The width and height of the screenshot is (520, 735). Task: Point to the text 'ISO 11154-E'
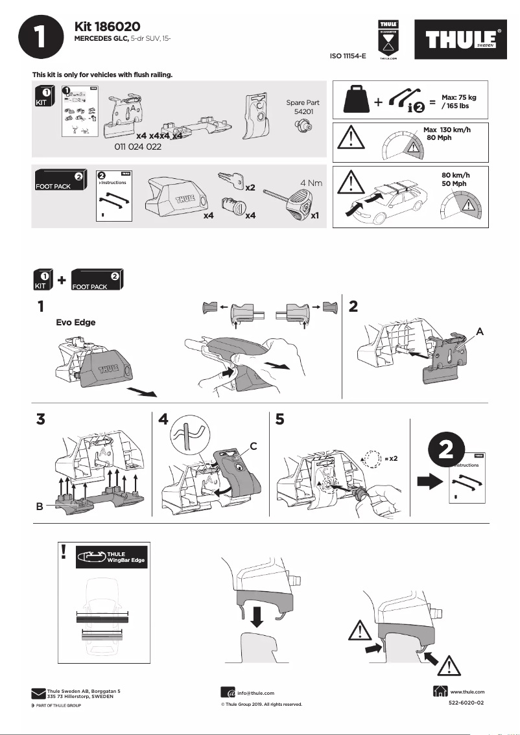(x=348, y=56)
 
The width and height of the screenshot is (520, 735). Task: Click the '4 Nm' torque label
(x=311, y=183)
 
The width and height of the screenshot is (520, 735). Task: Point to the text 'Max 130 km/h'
(x=447, y=130)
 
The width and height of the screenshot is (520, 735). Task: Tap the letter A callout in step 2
(x=480, y=331)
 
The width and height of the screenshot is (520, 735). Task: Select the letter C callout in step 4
(x=254, y=446)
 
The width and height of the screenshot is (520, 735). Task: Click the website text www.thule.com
(x=467, y=692)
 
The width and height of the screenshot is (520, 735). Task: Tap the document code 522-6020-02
(x=466, y=703)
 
